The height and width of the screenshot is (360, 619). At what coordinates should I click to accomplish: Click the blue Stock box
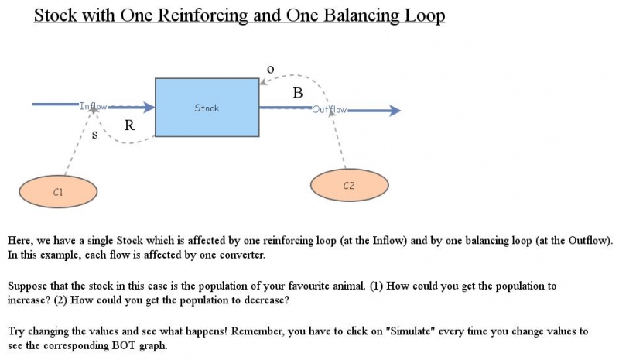click(207, 108)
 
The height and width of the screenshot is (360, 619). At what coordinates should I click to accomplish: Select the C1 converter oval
click(58, 191)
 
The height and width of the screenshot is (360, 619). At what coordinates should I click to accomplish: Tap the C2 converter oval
click(348, 186)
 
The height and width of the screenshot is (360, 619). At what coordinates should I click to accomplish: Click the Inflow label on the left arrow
click(94, 106)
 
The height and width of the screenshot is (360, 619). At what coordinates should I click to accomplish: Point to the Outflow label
click(330, 110)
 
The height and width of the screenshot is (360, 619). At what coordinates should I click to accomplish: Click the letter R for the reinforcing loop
click(130, 127)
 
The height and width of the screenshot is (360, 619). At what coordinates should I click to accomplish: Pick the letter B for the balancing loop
click(298, 94)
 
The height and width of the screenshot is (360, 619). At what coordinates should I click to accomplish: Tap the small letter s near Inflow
click(95, 134)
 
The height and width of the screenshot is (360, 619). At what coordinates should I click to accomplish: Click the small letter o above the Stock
click(270, 69)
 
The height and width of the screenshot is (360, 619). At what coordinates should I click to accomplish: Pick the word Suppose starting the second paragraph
click(28, 286)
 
